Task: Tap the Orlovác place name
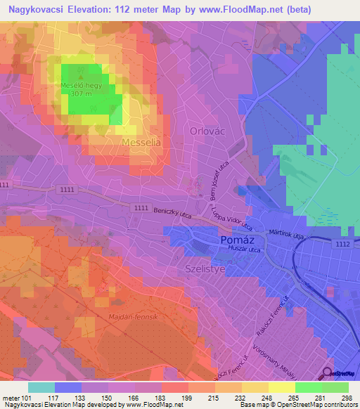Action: pyautogui.click(x=207, y=131)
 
